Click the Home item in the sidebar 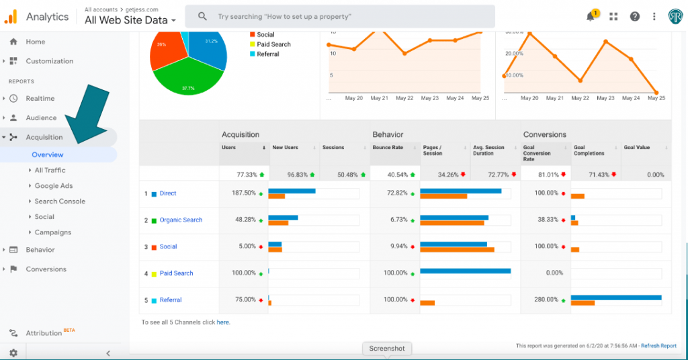[x=35, y=42]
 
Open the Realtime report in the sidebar [x=40, y=99]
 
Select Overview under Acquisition [x=48, y=154]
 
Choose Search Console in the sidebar [x=60, y=201]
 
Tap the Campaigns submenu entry [x=52, y=232]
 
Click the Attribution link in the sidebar [x=44, y=333]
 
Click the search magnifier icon [x=202, y=16]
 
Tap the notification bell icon [x=591, y=17]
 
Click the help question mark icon [x=635, y=17]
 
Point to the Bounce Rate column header [x=388, y=148]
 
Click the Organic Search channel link [x=181, y=220]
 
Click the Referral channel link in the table [x=171, y=300]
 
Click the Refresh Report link [x=658, y=346]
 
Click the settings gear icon [x=13, y=353]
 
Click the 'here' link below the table [x=223, y=322]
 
